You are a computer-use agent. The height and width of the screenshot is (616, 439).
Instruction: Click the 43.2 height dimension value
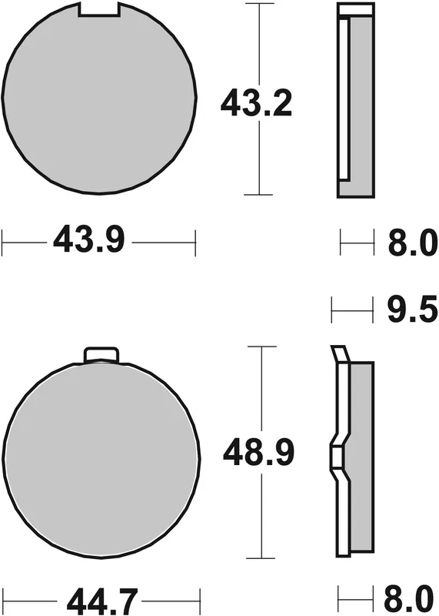(x=256, y=103)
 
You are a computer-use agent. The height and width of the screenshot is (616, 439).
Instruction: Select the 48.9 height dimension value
(x=258, y=453)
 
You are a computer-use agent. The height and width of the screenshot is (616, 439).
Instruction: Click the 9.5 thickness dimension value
(x=412, y=310)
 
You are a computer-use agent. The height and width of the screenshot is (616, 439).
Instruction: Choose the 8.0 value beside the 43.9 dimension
(x=412, y=243)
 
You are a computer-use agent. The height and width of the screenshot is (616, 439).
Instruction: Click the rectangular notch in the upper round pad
(x=99, y=9)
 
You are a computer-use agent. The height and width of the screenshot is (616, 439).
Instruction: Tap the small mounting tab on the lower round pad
(x=101, y=354)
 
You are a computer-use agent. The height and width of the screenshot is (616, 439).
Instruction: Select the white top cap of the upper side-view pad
(x=356, y=9)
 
